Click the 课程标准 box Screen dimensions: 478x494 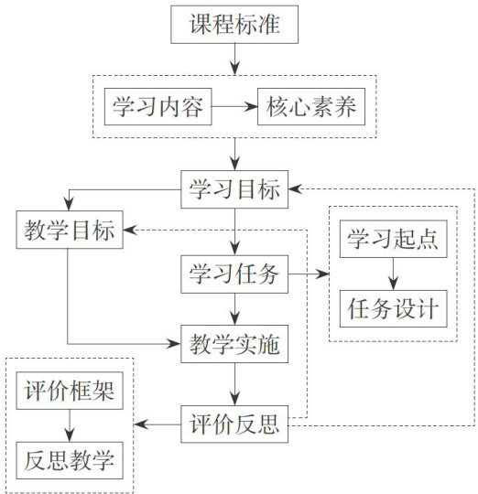tap(234, 25)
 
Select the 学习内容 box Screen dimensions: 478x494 tap(158, 106)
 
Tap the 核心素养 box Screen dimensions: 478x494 tap(311, 106)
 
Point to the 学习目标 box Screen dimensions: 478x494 tap(234, 189)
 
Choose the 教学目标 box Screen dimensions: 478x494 tap(70, 230)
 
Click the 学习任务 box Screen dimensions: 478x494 tap(234, 274)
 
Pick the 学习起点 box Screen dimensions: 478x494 tap(393, 239)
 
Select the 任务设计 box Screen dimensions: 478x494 tap(393, 309)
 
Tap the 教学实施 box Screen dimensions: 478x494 tap(234, 344)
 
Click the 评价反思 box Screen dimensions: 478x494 tap(234, 424)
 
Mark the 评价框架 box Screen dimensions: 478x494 tap(70, 391)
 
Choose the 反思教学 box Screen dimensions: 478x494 tap(70, 460)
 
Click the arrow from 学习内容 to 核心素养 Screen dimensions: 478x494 tap(234, 106)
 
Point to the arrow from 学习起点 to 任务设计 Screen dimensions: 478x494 tap(393, 274)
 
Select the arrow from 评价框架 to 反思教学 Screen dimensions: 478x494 tap(70, 425)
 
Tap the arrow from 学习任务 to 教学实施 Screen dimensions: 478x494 tap(234, 309)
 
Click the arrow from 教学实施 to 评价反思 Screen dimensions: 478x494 tap(234, 384)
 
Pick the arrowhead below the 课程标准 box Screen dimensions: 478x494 tap(234, 68)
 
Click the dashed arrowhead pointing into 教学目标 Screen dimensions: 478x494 tap(130, 230)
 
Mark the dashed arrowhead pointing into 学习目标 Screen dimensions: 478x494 tap(296, 189)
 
